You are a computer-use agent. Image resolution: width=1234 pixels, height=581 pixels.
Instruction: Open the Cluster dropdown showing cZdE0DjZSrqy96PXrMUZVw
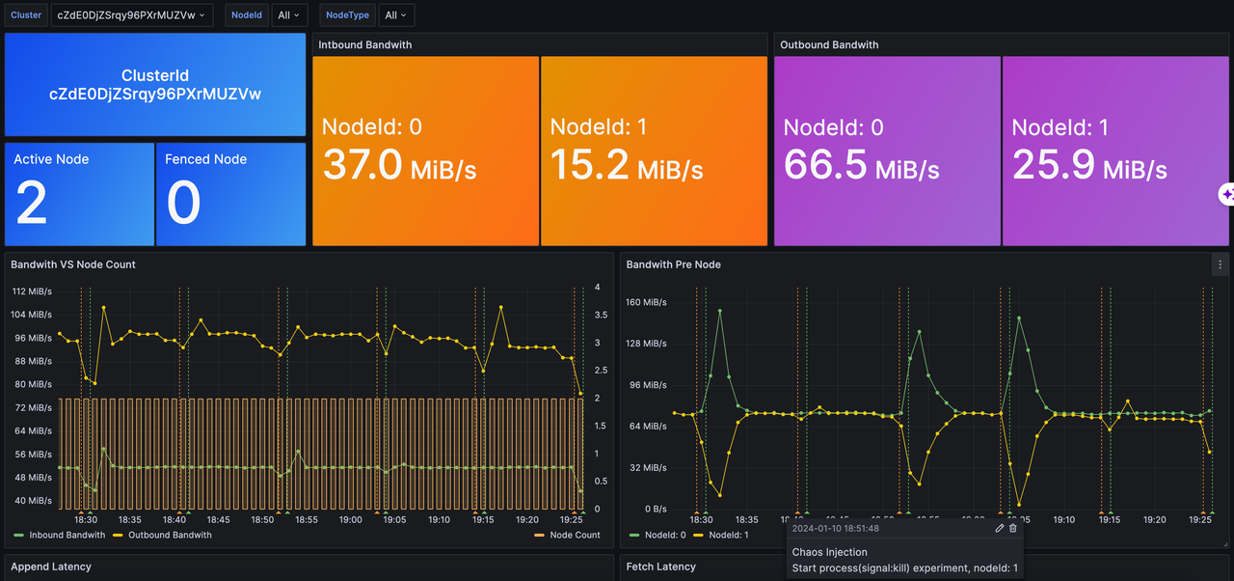(x=132, y=15)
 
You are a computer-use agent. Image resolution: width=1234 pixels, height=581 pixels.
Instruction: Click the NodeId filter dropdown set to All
(x=289, y=15)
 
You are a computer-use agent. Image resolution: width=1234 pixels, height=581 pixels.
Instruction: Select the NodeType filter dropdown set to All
(x=395, y=15)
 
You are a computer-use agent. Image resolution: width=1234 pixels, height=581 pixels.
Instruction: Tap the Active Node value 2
(x=32, y=204)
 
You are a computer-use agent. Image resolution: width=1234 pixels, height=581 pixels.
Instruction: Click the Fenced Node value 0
(x=183, y=204)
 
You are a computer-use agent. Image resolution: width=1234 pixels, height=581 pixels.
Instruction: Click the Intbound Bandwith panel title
(x=365, y=44)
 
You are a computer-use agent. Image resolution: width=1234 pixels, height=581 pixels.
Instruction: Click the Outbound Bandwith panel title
(x=829, y=44)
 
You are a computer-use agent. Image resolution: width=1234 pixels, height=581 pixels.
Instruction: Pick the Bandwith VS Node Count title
(x=73, y=264)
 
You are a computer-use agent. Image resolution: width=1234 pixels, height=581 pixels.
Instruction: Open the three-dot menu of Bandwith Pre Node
(x=1221, y=264)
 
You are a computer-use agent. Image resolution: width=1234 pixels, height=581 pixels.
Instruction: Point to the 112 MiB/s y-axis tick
(x=32, y=291)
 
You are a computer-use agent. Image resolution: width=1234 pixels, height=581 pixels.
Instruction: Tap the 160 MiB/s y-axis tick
(x=646, y=302)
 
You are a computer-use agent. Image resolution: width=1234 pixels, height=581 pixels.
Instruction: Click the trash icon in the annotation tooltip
(x=1013, y=528)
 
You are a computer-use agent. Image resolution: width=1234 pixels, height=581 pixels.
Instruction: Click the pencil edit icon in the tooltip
(x=1000, y=528)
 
